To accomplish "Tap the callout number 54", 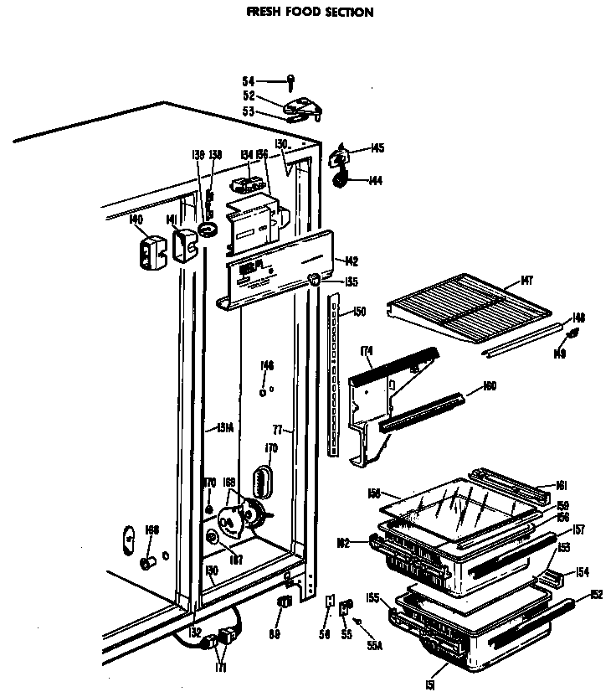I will (249, 81).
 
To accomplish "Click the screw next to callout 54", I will (290, 81).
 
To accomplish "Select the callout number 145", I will (377, 148).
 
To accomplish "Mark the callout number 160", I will (490, 387).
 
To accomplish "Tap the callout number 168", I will (151, 529).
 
